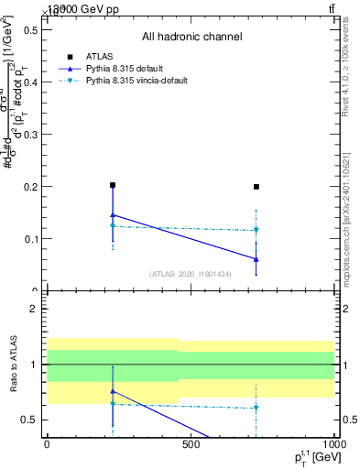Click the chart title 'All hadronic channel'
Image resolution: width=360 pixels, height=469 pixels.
191,37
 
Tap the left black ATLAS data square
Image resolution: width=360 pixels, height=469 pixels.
113,185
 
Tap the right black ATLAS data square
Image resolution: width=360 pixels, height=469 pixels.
256,187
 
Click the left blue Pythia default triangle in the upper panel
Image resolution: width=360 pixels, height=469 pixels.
113,215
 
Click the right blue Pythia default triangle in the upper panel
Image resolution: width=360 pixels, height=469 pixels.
256,259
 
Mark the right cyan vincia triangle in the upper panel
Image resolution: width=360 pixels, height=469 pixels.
256,230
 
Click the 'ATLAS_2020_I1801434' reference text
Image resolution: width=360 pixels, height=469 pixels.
191,274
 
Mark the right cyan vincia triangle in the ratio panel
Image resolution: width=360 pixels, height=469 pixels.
256,408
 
